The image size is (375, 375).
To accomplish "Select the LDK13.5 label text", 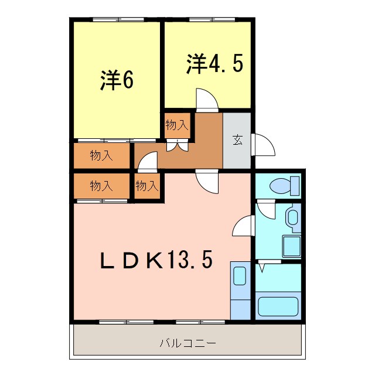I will coord(155,260).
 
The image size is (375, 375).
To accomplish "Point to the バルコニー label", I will coord(188,342).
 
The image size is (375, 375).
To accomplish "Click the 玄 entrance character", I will coord(237,141).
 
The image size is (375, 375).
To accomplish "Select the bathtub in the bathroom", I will coord(278,306).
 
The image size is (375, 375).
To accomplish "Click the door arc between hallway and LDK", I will coord(206,182).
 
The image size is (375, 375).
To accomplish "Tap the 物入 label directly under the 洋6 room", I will coord(101,156).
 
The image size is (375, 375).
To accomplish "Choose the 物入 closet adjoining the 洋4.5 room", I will coord(177,125).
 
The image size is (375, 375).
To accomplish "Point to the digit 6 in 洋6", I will coord(127,81).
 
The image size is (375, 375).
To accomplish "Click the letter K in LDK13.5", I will coord(155,260).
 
